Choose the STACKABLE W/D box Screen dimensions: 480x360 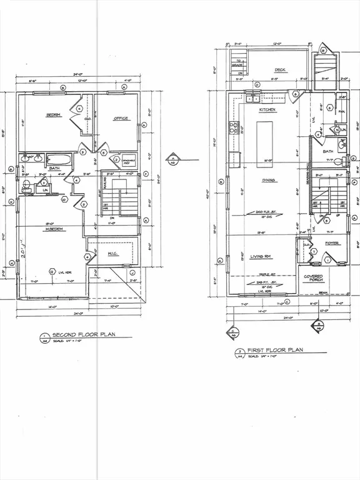pyautogui.click(x=129, y=160)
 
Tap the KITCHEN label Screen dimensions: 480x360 pyautogui.click(x=267, y=109)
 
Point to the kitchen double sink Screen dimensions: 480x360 pyautogui.click(x=253, y=98)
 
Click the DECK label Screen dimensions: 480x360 pyautogui.click(x=279, y=70)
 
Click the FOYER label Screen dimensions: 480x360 pyautogui.click(x=331, y=243)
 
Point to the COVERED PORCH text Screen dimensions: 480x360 pyautogui.click(x=313, y=278)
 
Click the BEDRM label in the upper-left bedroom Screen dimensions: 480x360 pyautogui.click(x=52, y=116)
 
